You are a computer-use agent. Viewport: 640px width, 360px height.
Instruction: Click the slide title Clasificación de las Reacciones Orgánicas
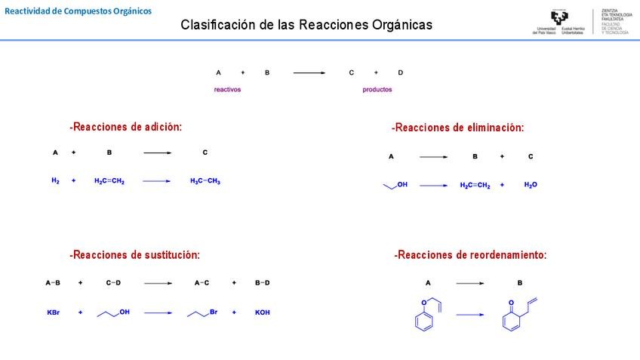coord(306,25)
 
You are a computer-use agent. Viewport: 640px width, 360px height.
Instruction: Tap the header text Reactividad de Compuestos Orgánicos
coord(78,11)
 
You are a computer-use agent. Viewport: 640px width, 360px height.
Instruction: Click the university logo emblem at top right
coord(559,18)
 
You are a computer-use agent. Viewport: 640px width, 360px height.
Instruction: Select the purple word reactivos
coord(227,90)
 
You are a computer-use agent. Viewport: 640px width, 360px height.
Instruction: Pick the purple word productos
coord(377,90)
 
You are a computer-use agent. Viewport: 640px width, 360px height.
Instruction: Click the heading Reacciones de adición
coord(126,127)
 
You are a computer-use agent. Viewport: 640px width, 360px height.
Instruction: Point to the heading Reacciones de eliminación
coord(457,128)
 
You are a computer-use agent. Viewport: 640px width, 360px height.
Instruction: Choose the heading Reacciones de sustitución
coord(135,255)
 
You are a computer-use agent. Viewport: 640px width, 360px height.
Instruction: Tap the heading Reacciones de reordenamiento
coord(470,255)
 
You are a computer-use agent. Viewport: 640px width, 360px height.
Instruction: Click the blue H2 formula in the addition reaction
coord(55,181)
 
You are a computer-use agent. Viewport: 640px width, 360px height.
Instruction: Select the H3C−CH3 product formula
coord(205,181)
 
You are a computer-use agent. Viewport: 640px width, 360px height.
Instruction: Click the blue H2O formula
coord(531,185)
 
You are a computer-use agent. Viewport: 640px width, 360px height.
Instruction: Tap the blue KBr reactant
coord(54,312)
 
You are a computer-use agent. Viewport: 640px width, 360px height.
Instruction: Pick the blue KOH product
coord(262,312)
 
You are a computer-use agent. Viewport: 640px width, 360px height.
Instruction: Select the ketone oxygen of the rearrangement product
coord(511,303)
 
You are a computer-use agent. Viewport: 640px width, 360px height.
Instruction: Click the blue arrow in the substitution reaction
coord(158,312)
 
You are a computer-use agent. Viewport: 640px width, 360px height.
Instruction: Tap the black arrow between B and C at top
coord(309,72)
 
